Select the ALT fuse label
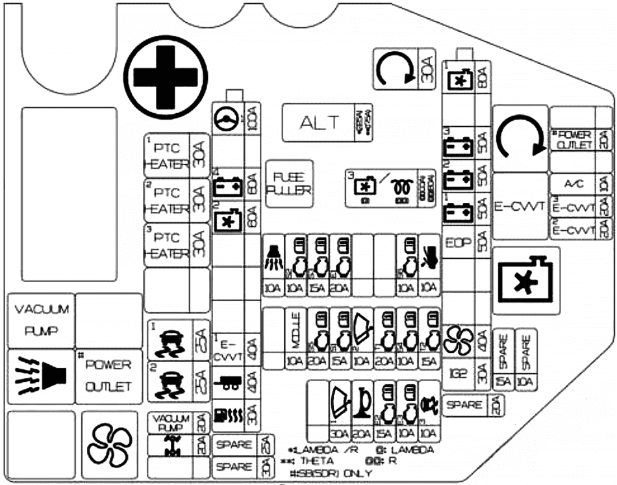pyautogui.click(x=319, y=122)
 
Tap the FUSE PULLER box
pyautogui.click(x=289, y=183)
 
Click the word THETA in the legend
pyautogui.click(x=321, y=460)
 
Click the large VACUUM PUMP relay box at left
pyautogui.click(x=38, y=320)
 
